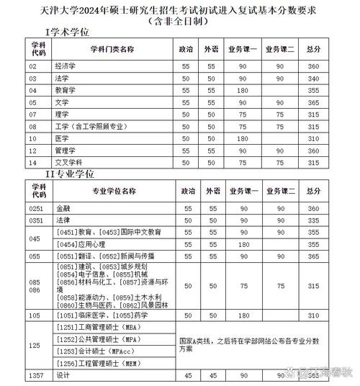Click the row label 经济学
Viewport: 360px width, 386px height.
pos(66,66)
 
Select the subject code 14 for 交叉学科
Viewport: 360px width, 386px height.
pos(32,163)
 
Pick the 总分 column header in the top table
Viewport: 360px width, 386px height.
pos(313,49)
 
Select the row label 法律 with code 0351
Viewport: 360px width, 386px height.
pos(63,220)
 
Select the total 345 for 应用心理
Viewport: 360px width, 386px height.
pos(313,244)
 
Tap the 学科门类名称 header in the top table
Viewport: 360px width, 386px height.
pos(112,49)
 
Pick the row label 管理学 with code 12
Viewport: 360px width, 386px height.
pos(66,151)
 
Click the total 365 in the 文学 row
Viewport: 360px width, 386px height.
pos(313,102)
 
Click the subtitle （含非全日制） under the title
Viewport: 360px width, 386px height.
pos(179,21)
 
